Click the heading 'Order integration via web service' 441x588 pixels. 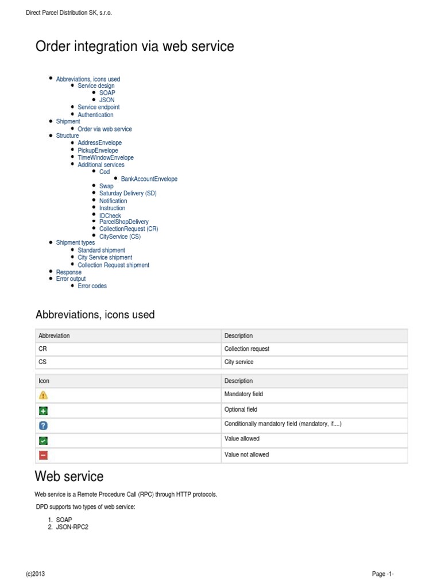[135, 47]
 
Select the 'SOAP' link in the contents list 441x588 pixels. [107, 93]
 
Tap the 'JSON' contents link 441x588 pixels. [107, 100]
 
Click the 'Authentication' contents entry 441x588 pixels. [95, 115]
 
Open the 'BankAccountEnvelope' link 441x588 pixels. [149, 179]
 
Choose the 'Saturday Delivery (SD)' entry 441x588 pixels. [127, 194]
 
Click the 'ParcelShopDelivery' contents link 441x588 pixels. [123, 222]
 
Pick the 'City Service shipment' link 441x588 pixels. [105, 258]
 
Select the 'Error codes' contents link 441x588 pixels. [92, 286]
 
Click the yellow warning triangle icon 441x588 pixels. [44, 395]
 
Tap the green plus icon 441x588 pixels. [44, 411]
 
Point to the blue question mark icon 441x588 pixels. [44, 425]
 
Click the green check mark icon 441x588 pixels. [44, 440]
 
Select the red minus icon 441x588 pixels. [44, 455]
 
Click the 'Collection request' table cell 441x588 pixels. [247, 349]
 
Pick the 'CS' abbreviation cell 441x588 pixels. [42, 362]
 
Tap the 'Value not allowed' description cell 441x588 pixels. [246, 455]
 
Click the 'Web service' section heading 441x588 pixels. [69, 477]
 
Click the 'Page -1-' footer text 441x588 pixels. [382, 574]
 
